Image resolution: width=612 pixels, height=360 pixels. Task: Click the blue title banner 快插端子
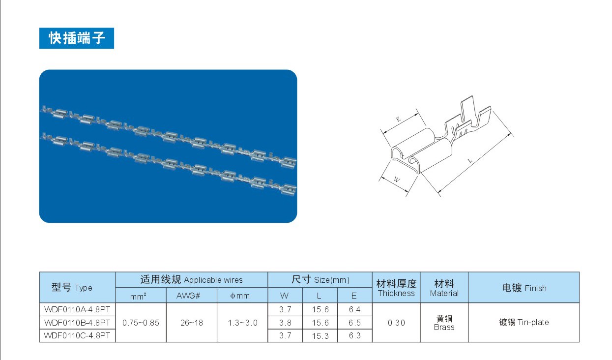click(77, 38)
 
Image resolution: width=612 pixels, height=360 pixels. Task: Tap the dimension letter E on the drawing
click(398, 119)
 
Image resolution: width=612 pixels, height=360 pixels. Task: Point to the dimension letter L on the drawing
click(470, 160)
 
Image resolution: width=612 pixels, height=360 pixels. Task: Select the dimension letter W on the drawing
click(397, 180)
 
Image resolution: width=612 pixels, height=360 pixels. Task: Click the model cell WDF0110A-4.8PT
click(77, 309)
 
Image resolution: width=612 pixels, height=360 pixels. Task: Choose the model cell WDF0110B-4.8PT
click(77, 323)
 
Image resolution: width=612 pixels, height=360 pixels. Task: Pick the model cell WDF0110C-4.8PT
click(77, 335)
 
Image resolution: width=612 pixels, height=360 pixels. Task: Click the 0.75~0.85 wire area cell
click(141, 323)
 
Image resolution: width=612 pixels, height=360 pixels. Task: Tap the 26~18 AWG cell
click(192, 323)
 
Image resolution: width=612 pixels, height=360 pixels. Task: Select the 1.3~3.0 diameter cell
click(242, 323)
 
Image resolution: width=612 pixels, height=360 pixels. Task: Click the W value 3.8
click(285, 323)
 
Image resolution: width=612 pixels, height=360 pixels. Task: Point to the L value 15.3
click(320, 336)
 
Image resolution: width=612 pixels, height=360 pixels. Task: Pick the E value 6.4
click(354, 309)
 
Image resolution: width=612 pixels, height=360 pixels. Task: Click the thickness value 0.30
click(396, 323)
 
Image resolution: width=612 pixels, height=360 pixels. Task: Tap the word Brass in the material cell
click(444, 327)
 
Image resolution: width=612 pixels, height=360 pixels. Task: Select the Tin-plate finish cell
click(524, 322)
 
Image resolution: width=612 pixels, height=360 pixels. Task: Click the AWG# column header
click(188, 296)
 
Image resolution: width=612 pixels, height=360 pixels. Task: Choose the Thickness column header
click(396, 293)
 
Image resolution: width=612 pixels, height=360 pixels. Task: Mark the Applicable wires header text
click(213, 280)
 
